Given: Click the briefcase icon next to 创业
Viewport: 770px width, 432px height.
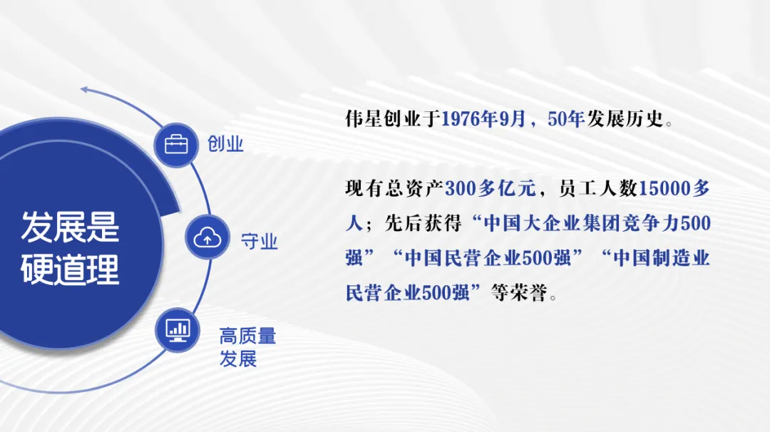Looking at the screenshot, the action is (x=176, y=145).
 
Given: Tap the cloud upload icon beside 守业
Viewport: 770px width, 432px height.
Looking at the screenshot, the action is (x=207, y=238).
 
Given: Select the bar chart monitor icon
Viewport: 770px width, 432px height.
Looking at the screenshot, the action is (x=178, y=330).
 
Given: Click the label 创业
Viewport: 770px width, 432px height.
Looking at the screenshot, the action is (x=225, y=144).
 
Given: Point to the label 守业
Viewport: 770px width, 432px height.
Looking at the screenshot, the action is (x=260, y=242).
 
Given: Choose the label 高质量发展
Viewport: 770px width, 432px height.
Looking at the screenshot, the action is (x=247, y=348).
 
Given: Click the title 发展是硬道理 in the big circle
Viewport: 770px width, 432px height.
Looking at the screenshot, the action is (x=70, y=248).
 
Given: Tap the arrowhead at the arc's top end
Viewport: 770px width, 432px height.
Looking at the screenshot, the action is (x=84, y=89).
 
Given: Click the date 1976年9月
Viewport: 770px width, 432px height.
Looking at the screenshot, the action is (x=483, y=119).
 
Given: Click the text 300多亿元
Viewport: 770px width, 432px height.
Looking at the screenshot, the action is (x=490, y=188).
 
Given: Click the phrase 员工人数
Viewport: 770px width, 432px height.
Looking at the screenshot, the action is (x=598, y=188).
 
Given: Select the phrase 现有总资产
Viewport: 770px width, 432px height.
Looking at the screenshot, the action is (x=394, y=188).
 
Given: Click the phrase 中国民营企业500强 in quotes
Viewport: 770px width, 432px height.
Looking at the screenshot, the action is (x=488, y=258).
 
